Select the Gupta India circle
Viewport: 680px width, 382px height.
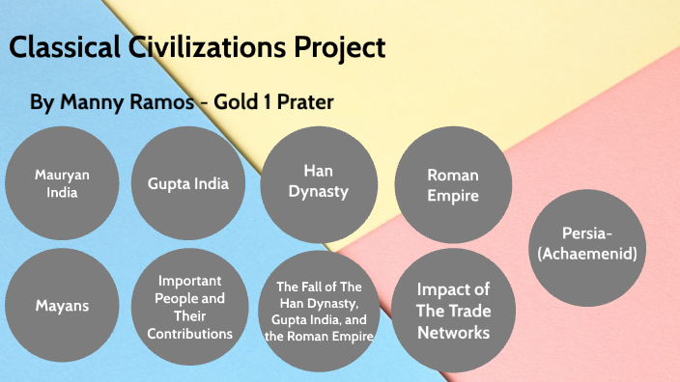pos(187,183)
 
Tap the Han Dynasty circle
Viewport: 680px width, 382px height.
pos(318,181)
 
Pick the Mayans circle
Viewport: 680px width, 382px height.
pos(62,306)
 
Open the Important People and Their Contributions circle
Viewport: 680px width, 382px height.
pos(189,307)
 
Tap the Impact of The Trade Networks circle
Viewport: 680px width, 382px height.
pos(453,311)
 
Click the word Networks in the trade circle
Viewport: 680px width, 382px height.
pos(453,333)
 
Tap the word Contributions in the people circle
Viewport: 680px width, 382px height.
pos(189,334)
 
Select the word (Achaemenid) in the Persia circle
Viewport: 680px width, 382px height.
pos(590,254)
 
